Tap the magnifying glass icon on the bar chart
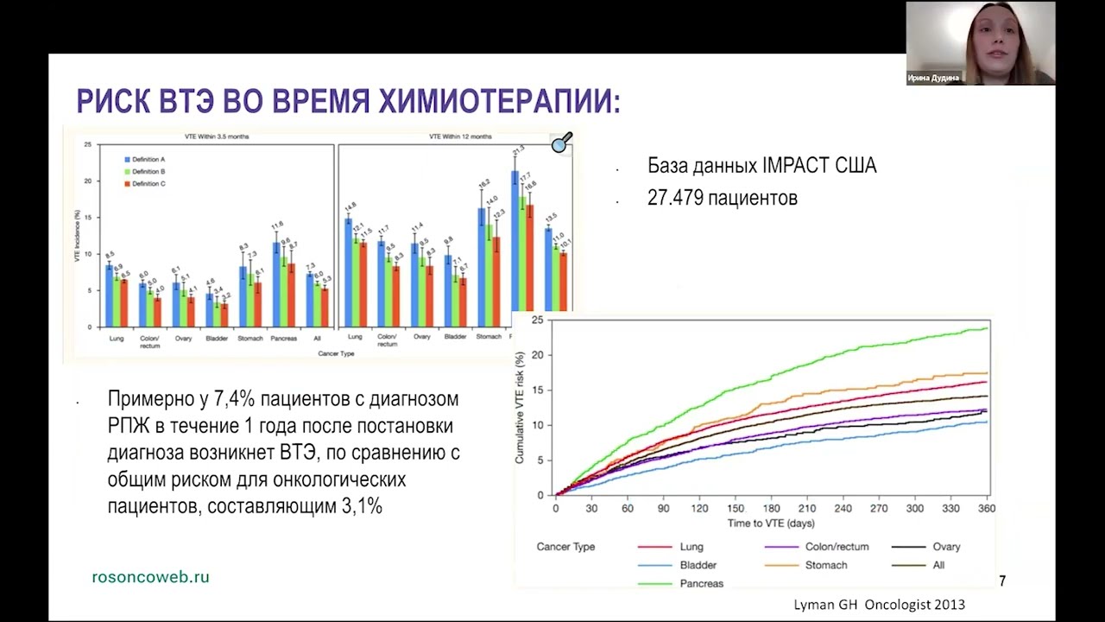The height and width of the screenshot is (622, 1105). (562, 143)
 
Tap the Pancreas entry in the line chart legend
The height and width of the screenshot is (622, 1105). (701, 583)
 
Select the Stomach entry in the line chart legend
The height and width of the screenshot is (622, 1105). (825, 565)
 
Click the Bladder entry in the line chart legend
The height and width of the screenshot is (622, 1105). (698, 565)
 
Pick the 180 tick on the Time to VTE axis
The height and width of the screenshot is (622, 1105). (771, 509)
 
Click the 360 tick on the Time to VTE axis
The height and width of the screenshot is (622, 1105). (986, 509)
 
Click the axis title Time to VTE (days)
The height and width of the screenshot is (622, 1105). (770, 524)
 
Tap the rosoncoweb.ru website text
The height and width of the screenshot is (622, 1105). (150, 577)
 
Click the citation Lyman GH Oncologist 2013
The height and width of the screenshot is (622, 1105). (879, 605)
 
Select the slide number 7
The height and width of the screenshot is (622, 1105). (1002, 581)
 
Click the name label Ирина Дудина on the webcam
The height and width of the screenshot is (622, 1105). (933, 78)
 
